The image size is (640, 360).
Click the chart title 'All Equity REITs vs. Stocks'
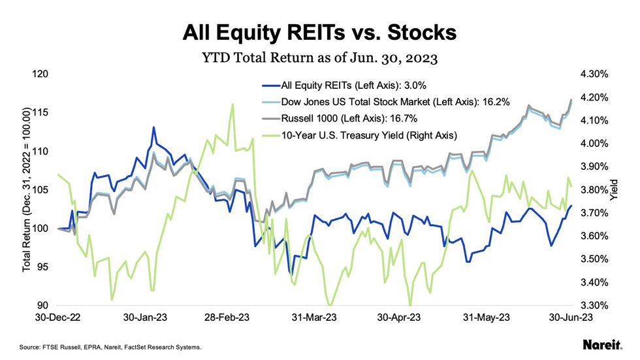tap(320, 32)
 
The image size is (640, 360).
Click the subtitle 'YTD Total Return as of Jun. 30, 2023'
tap(320, 57)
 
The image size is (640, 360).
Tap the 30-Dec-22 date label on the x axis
tap(58, 318)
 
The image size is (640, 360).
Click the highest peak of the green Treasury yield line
tap(232, 104)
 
